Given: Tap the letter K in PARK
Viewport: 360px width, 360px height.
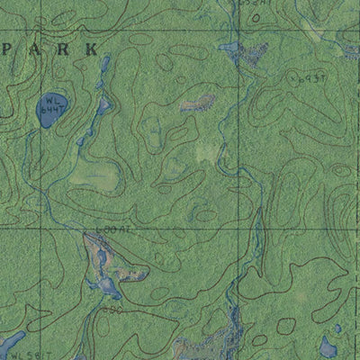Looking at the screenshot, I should (91, 50).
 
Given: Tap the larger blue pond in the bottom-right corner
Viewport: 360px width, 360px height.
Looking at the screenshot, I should (328, 347).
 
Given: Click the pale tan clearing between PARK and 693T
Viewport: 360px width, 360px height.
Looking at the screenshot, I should (196, 105).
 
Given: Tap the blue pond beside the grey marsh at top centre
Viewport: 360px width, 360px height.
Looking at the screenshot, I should (229, 49).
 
